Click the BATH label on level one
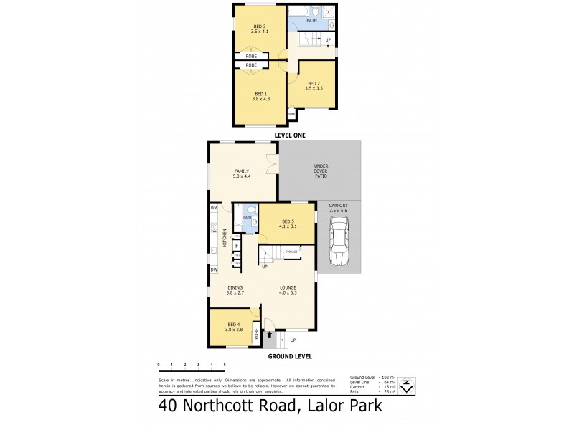point(311,20)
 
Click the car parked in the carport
point(338,243)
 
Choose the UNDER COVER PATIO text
point(321,172)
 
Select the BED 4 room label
point(234,326)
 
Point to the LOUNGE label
point(288,290)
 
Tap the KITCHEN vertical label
point(225,238)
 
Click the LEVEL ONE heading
point(291,135)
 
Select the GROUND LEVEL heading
point(289,356)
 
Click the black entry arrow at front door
point(270,334)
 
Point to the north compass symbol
point(407,386)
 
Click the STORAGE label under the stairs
point(291,252)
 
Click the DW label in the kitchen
point(213,269)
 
